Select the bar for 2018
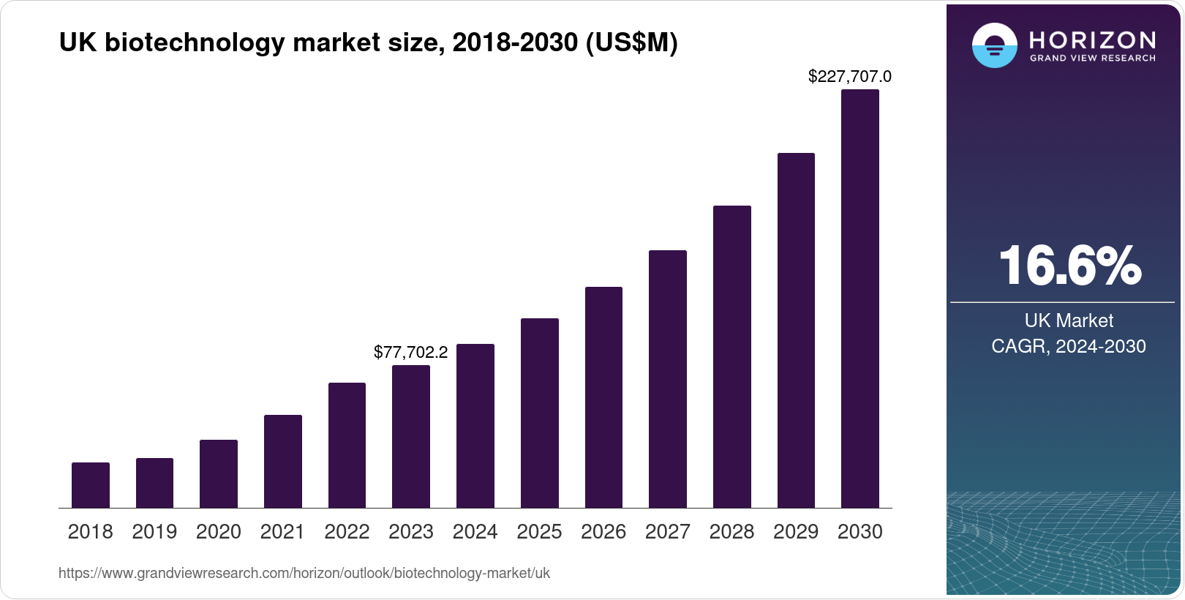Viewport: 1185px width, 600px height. tap(91, 485)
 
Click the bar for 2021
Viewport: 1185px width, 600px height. tap(283, 462)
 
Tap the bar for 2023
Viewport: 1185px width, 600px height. tap(411, 437)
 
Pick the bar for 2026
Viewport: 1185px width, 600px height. tap(603, 397)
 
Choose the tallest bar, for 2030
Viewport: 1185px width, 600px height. tap(860, 299)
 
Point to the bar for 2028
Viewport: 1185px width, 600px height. tap(732, 357)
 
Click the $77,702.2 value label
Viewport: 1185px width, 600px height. tap(410, 352)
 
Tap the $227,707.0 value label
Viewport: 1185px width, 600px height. tap(849, 76)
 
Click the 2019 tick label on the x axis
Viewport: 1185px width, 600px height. tap(154, 532)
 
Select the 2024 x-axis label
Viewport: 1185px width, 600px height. tap(475, 532)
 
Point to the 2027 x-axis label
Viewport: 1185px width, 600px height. tap(667, 532)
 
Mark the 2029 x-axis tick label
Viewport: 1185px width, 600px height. tap(796, 532)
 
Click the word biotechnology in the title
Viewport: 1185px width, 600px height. tap(194, 43)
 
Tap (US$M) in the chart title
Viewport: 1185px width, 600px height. tap(631, 43)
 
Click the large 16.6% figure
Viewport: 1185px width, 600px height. tap(1069, 266)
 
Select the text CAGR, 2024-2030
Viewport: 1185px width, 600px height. tap(1068, 346)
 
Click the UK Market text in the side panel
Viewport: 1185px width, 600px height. tap(1069, 320)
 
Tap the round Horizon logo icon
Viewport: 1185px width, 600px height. tap(994, 45)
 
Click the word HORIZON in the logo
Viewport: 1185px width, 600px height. tap(1092, 40)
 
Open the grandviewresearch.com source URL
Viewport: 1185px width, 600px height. tap(304, 573)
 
